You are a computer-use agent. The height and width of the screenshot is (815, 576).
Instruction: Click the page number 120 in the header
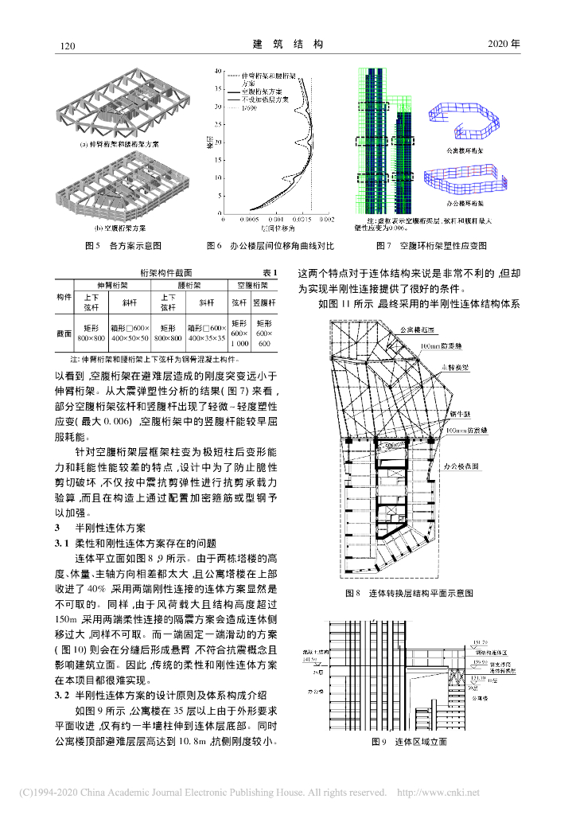click(x=68, y=45)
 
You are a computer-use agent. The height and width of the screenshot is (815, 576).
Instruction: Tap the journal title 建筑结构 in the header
click(x=288, y=45)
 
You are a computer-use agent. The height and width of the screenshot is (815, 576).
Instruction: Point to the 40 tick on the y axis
click(x=218, y=70)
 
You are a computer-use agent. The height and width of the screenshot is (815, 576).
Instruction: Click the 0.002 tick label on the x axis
click(x=326, y=219)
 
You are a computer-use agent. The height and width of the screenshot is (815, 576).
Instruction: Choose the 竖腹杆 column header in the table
click(x=264, y=302)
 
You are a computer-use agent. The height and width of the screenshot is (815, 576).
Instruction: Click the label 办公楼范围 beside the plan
click(x=461, y=467)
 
